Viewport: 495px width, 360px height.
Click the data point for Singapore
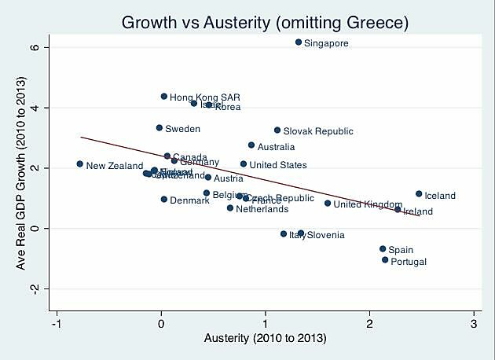[x=299, y=42]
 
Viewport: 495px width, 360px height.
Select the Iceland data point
[x=419, y=193]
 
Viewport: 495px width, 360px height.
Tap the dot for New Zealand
[x=79, y=163]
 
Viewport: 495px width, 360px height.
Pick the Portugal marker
[x=385, y=259]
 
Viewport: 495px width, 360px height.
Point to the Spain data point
[x=383, y=248]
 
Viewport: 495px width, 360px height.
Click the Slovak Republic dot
[x=277, y=130]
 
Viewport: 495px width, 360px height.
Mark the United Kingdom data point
[x=328, y=203]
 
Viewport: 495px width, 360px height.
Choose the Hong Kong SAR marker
[x=164, y=97]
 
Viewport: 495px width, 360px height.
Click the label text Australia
[x=277, y=147]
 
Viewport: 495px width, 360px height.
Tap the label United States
[x=278, y=165]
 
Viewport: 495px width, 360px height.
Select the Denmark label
[x=189, y=200]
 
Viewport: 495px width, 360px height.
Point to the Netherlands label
[x=262, y=209]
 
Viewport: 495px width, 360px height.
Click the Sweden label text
[x=182, y=128]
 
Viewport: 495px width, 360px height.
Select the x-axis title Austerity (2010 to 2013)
[x=265, y=339]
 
